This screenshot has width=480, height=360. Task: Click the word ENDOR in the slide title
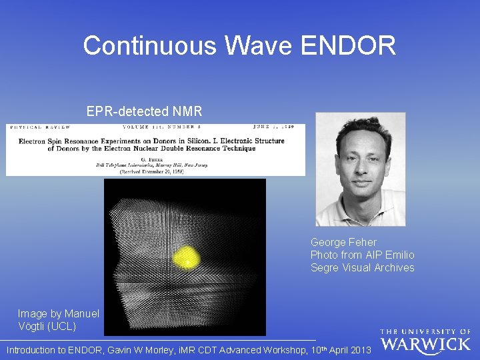pos(349,45)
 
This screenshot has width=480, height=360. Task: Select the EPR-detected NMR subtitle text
pos(144,111)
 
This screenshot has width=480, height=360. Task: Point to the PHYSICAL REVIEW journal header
pos(39,127)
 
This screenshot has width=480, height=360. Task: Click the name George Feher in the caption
pos(343,242)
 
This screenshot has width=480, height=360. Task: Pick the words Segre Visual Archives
pos(362,267)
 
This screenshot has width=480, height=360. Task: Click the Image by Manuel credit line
pos(59,313)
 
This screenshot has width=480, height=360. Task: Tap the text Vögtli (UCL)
pos(47,326)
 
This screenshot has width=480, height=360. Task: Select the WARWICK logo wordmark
pos(425,345)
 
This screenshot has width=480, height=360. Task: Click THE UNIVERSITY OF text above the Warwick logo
pos(425,331)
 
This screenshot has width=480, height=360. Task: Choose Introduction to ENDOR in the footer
pos(53,349)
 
